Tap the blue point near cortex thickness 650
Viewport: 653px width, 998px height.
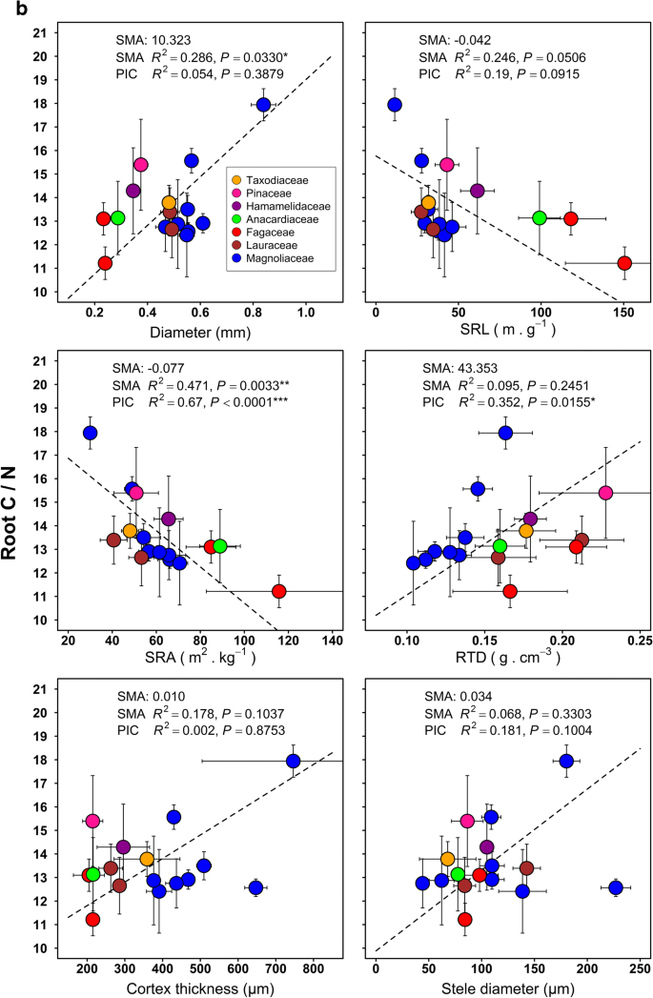pos(255,887)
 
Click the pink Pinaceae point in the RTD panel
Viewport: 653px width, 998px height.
pos(605,493)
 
